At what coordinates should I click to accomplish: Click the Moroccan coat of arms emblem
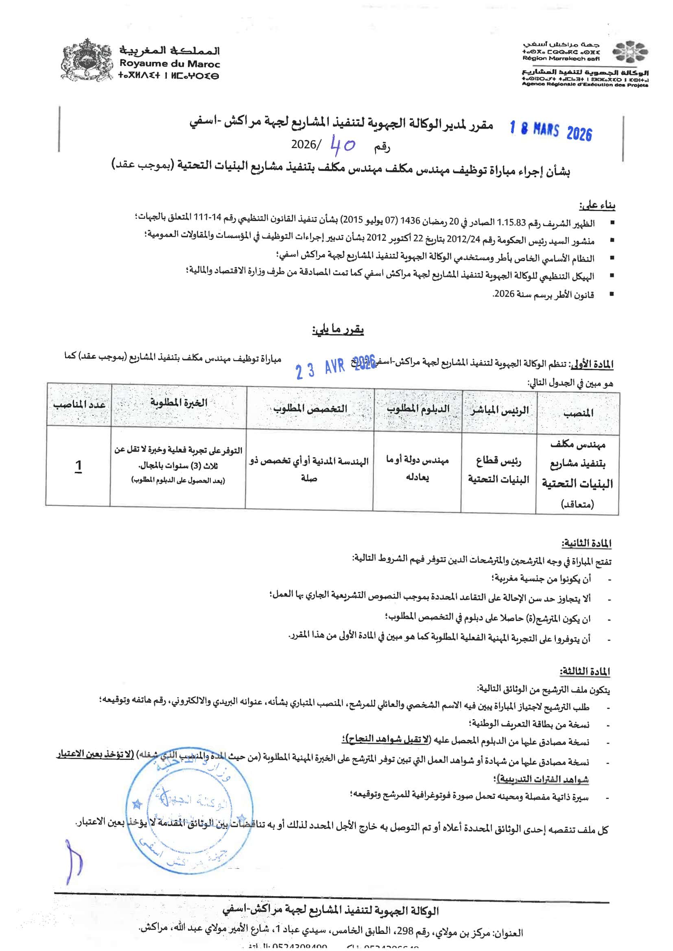86,60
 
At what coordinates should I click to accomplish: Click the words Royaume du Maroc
170,64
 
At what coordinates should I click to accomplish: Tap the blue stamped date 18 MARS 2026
551,131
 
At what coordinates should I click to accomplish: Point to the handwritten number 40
343,144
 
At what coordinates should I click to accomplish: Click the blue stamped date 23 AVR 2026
336,366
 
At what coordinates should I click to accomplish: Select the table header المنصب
578,412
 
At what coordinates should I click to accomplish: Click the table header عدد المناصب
79,404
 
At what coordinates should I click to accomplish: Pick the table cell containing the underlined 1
78,466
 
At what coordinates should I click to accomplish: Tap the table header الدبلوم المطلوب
418,409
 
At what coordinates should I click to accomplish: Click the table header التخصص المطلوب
310,408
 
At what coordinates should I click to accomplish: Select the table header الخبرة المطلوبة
179,402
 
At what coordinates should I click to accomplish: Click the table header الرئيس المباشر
499,410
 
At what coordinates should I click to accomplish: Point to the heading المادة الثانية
586,543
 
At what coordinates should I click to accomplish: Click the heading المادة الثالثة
585,672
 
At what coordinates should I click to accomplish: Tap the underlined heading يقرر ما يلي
338,330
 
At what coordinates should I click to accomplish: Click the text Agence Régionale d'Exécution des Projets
585,85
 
